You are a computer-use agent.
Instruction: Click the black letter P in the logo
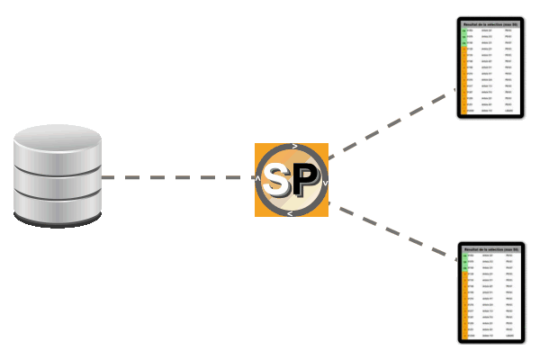point(303,183)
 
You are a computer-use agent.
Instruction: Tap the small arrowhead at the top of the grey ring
point(295,146)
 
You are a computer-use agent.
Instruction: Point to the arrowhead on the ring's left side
point(258,178)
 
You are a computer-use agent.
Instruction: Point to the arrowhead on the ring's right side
point(324,183)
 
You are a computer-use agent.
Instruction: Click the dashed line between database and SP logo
point(180,178)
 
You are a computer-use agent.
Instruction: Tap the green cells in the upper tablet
point(463,36)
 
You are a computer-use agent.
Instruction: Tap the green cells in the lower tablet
point(463,261)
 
